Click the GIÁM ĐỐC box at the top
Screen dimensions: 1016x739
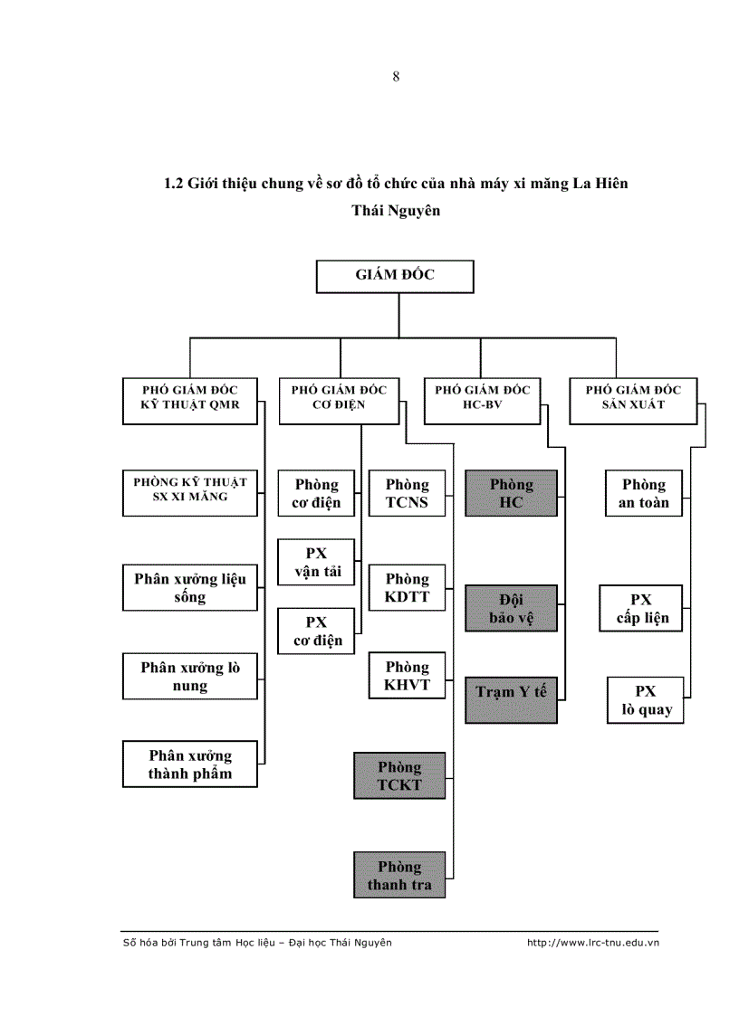(395, 276)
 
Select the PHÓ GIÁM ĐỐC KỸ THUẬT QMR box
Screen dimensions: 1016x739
(190, 399)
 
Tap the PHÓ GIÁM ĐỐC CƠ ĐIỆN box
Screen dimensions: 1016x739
(340, 399)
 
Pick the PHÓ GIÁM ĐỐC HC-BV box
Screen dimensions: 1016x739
(482, 399)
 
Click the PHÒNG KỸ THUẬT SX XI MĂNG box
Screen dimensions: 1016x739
(190, 492)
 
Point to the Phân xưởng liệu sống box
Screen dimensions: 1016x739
(190, 587)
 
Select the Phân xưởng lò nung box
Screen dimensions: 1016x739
(190, 676)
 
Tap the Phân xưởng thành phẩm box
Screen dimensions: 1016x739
(190, 764)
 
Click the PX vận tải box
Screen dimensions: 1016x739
(316, 562)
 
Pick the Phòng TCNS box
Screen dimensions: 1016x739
(408, 493)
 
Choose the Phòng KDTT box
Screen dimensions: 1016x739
(408, 587)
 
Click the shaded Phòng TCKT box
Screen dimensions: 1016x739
(399, 775)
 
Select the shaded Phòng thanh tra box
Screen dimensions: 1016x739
(399, 875)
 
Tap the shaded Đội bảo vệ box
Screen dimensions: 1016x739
(511, 608)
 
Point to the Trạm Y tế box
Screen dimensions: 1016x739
(511, 698)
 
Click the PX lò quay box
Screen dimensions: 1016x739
(645, 700)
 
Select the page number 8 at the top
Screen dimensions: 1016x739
(396, 77)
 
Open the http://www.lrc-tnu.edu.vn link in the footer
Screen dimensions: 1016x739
(592, 943)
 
